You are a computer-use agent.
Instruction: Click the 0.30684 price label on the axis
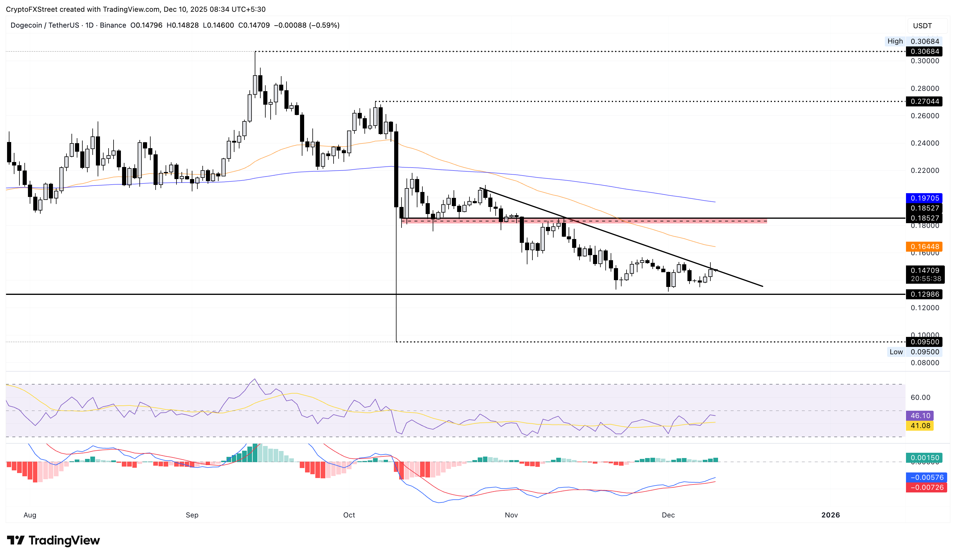pyautogui.click(x=925, y=51)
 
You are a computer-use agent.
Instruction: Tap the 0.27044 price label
pyautogui.click(x=925, y=101)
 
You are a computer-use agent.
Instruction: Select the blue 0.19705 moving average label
pyautogui.click(x=925, y=198)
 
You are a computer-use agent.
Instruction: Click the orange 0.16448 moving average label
pyautogui.click(x=925, y=246)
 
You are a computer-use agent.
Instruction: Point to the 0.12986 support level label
pyautogui.click(x=925, y=294)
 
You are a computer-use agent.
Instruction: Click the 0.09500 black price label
pyautogui.click(x=925, y=342)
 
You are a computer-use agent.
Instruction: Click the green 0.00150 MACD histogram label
pyautogui.click(x=925, y=457)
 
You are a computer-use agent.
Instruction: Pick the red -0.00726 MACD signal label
pyautogui.click(x=926, y=487)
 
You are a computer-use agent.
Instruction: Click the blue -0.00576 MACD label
pyautogui.click(x=926, y=477)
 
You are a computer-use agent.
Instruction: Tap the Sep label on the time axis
pyautogui.click(x=192, y=515)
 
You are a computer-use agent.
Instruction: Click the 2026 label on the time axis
pyautogui.click(x=830, y=515)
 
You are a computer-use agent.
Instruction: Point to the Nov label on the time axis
pyautogui.click(x=511, y=515)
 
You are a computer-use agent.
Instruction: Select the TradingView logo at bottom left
pyautogui.click(x=54, y=540)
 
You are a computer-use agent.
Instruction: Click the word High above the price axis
pyautogui.click(x=895, y=41)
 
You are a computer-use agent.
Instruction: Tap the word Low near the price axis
pyautogui.click(x=896, y=352)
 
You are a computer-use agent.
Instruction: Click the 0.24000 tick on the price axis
pyautogui.click(x=925, y=143)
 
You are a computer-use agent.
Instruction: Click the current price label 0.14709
pyautogui.click(x=925, y=270)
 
